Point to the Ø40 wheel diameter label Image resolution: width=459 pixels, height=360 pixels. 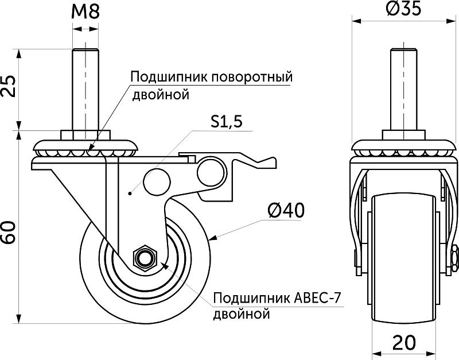click(285, 211)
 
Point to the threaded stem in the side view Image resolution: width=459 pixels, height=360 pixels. click(84, 92)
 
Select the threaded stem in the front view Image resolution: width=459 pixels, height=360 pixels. click(401, 92)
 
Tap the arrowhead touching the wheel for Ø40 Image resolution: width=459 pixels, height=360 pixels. click(213, 237)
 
